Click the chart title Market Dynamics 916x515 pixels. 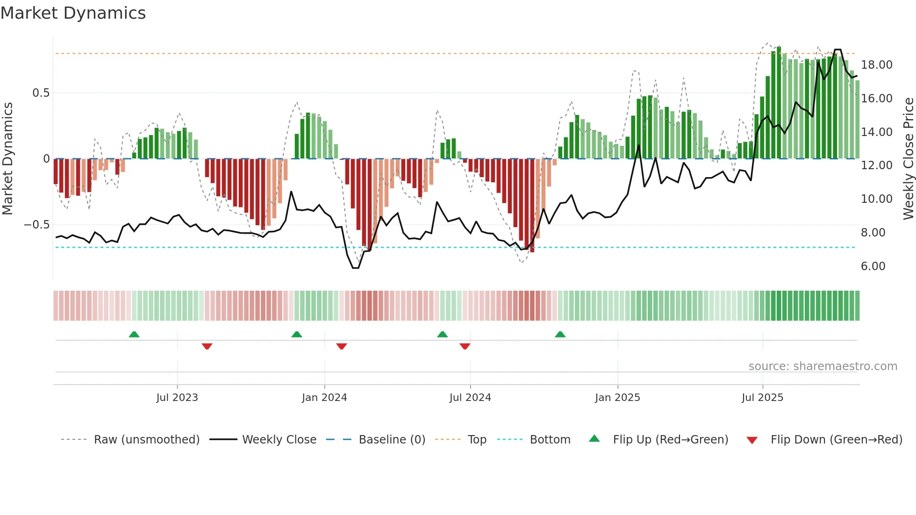(73, 13)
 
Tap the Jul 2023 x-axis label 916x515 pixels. (177, 398)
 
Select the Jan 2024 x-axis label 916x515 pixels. (324, 398)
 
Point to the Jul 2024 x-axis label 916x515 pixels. (470, 398)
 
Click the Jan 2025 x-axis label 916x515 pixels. (617, 398)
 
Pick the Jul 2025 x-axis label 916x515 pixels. (762, 398)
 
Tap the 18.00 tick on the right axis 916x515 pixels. (877, 65)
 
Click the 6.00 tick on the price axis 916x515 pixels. (873, 266)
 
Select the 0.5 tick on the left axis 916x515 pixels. (41, 93)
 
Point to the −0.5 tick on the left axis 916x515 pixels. (37, 225)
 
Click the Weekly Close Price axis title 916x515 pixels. (908, 159)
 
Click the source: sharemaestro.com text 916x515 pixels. (823, 366)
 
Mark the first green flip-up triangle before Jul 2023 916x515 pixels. (134, 334)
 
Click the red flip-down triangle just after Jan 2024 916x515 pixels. (342, 346)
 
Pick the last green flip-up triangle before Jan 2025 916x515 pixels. (560, 334)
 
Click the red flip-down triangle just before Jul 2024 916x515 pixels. (465, 346)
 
